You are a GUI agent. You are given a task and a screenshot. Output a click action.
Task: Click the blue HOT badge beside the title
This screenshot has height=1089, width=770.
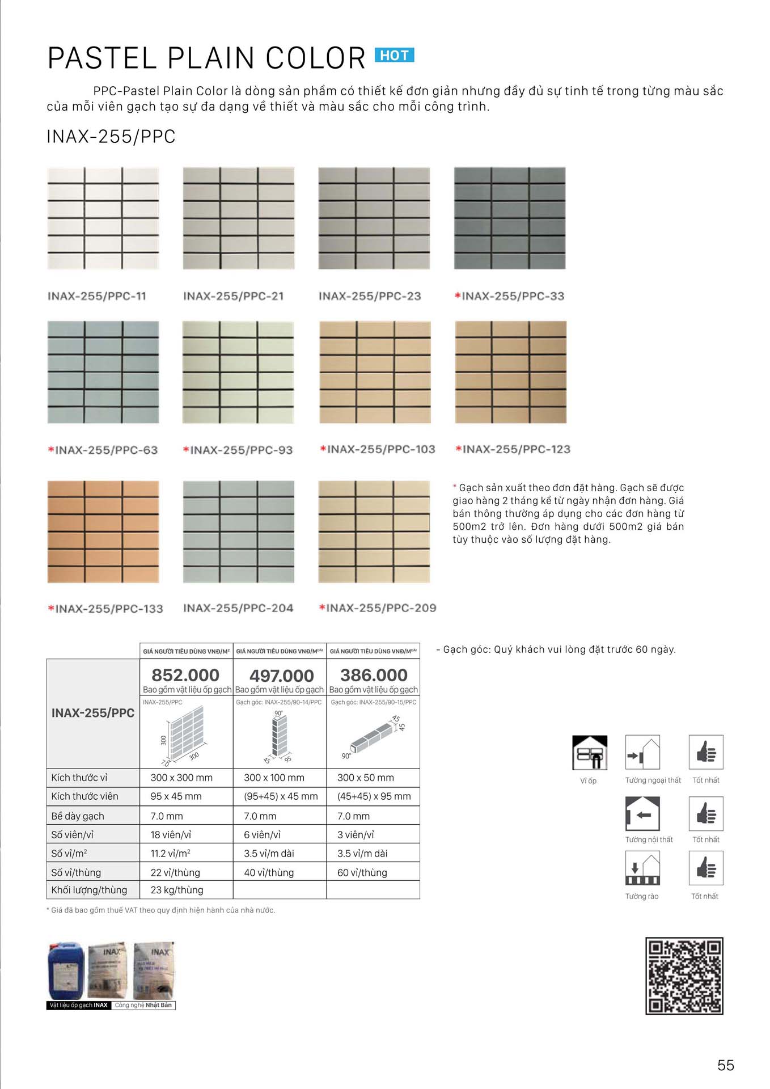coord(394,55)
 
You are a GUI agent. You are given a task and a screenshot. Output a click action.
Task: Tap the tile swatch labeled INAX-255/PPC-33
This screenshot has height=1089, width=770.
coord(510,218)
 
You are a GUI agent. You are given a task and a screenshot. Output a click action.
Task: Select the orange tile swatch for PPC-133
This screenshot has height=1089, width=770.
coord(103,531)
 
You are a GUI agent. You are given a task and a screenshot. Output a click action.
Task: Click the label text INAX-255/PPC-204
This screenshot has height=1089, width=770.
coord(238,608)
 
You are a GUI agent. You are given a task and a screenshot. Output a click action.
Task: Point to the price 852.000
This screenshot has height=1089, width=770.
coord(185,675)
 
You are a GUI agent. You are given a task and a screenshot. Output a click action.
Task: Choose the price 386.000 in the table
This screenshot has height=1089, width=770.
coord(374,675)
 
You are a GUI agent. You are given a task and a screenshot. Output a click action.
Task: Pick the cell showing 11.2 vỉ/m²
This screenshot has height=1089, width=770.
coord(170,853)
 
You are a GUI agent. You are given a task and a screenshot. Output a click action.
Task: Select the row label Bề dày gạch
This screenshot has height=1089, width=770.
coord(78,816)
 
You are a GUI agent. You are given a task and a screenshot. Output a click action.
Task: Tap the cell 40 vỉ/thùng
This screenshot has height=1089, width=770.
coord(269,872)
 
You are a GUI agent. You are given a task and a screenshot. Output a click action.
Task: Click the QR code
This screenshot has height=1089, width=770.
coord(684,976)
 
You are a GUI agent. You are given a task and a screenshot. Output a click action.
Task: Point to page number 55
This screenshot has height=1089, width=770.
coord(725,1065)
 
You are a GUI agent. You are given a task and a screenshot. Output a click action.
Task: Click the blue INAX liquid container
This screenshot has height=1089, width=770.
coord(66,971)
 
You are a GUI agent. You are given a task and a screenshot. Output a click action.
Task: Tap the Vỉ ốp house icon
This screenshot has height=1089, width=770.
coord(590,753)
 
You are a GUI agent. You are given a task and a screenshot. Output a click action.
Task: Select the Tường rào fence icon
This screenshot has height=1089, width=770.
coord(642,868)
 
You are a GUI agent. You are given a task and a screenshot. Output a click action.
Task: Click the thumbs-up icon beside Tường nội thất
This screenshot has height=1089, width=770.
coord(706,813)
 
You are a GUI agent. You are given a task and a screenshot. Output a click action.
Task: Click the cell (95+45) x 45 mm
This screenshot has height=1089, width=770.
coord(281,796)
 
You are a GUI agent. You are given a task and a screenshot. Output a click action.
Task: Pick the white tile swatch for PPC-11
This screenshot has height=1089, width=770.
coord(103,218)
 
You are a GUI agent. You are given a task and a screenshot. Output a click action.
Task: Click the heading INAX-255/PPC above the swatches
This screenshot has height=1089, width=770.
coord(111,137)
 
